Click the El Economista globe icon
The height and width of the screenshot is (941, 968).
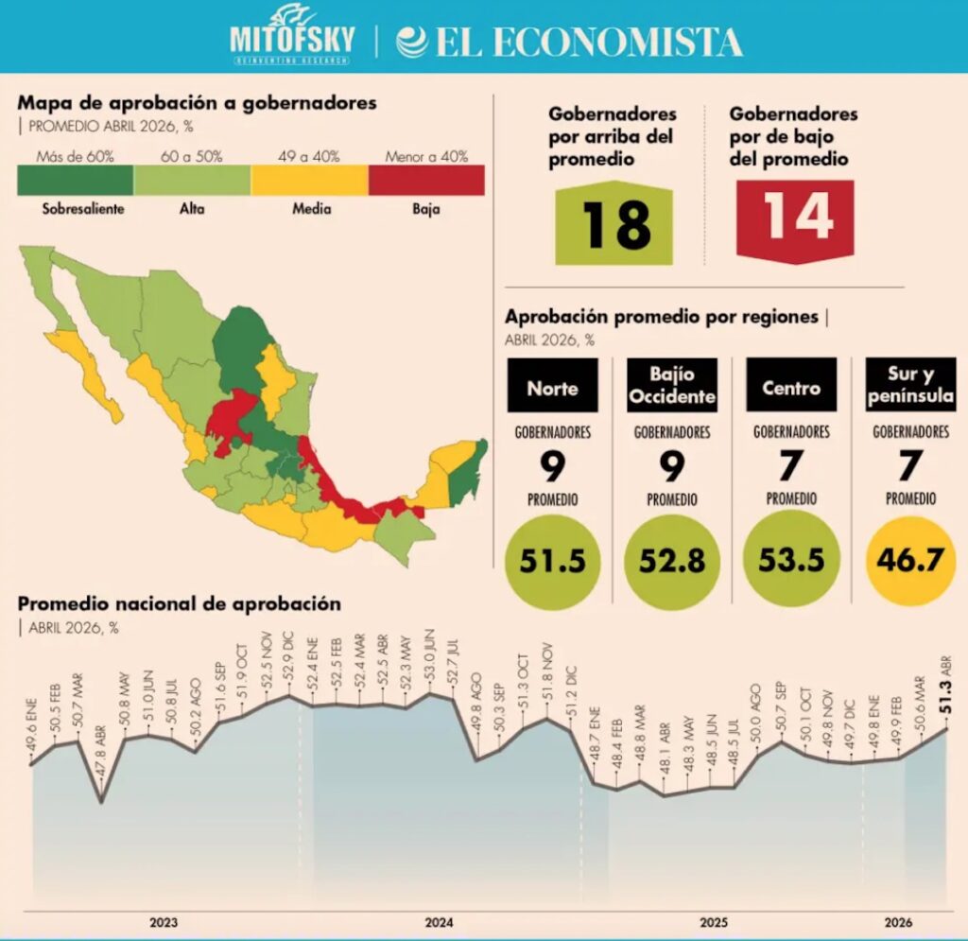(x=412, y=42)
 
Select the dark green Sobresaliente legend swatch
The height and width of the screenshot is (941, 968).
(x=76, y=181)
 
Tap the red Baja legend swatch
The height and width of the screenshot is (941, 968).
(x=426, y=181)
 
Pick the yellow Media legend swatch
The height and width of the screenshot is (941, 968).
(x=310, y=181)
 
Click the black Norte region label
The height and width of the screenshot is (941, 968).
(x=552, y=385)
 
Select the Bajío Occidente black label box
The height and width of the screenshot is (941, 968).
(x=672, y=385)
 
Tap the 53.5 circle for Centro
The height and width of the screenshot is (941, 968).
(x=791, y=560)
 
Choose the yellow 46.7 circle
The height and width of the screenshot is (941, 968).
(x=910, y=560)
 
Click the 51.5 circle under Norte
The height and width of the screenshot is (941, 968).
(x=552, y=561)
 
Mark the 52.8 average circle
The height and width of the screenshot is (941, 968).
(x=672, y=561)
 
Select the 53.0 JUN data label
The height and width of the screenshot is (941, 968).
(x=430, y=655)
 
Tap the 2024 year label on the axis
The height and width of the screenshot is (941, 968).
(x=439, y=922)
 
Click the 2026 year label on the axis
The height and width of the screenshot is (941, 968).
(x=898, y=922)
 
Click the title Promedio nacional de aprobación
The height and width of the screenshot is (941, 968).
(x=179, y=603)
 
